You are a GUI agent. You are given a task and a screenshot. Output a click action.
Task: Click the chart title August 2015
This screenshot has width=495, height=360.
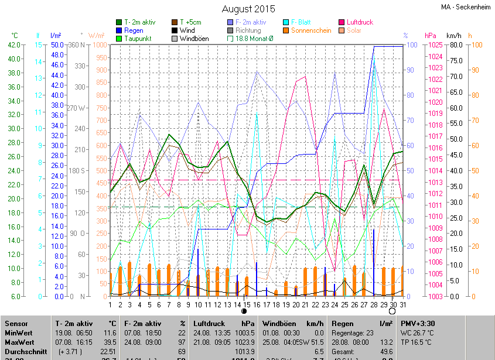(248, 9)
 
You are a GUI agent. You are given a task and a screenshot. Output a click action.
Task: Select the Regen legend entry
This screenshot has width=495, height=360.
(134, 30)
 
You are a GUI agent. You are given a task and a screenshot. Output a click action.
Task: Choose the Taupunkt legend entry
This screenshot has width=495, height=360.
(138, 39)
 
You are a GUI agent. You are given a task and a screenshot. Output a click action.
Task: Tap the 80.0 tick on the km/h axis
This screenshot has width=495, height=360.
(455, 44)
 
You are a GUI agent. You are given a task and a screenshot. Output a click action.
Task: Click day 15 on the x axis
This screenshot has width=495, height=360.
(247, 304)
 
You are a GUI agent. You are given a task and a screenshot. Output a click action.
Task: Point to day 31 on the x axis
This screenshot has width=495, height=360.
(402, 304)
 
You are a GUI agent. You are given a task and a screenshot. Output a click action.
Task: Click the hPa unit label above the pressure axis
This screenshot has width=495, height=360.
(431, 35)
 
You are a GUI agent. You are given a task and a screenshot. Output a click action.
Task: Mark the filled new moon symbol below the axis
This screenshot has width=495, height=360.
(244, 311)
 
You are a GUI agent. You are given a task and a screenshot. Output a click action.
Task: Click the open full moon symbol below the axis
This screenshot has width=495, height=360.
(392, 311)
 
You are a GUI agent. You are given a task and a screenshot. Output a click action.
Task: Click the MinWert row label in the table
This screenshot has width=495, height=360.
(19, 332)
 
